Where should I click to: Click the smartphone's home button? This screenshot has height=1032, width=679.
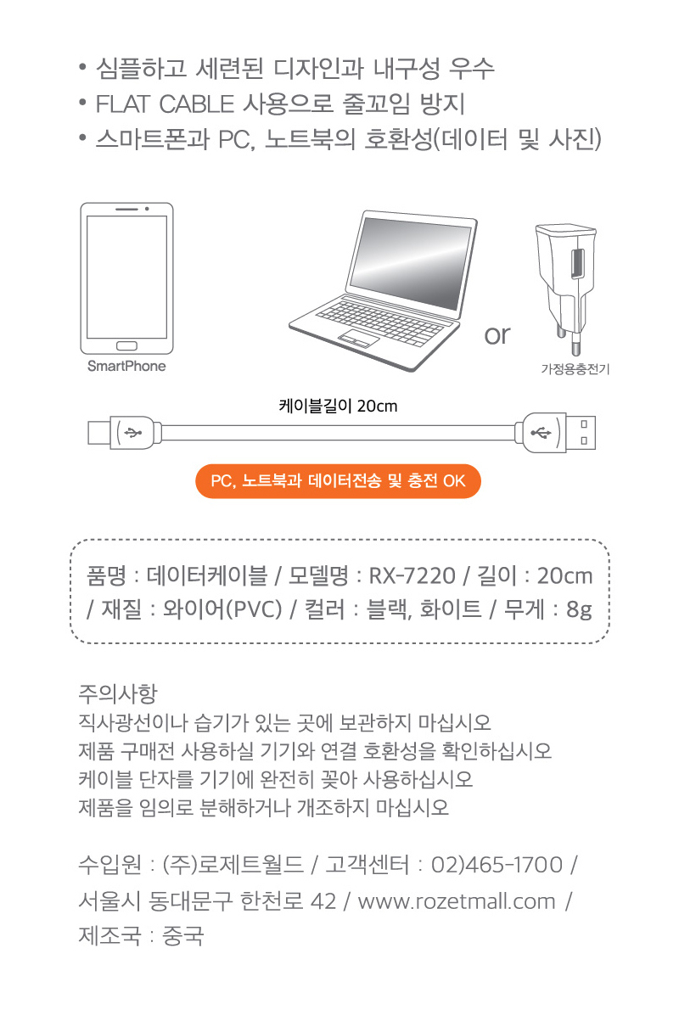click(126, 345)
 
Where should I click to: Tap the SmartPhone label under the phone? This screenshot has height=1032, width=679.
click(126, 367)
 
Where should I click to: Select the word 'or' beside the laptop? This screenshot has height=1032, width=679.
click(497, 335)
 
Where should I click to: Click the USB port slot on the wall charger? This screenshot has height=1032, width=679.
click(577, 266)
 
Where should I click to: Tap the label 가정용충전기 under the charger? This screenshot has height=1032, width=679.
click(575, 368)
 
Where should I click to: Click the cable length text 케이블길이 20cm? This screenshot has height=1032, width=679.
click(338, 407)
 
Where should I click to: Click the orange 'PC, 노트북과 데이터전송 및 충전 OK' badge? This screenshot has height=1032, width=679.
click(338, 481)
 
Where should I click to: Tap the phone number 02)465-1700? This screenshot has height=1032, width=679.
click(497, 866)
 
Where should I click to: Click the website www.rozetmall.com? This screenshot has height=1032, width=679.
click(457, 901)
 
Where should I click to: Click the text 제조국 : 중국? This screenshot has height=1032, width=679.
click(141, 937)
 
